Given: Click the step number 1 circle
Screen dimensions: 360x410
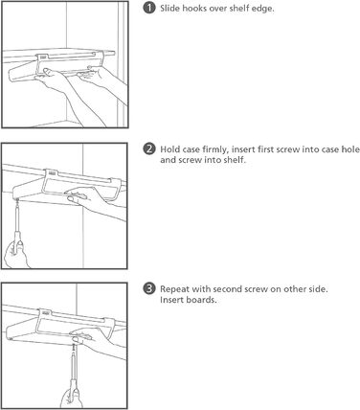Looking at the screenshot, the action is [x=148, y=8].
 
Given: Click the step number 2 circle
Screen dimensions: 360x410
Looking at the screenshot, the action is [x=148, y=149].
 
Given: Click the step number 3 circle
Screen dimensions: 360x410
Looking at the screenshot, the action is [x=148, y=288].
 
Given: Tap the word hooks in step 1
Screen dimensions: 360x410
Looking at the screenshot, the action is [x=193, y=9].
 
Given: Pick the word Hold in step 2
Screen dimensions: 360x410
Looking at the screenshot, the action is [x=169, y=149].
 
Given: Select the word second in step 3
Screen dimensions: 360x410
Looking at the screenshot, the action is [x=227, y=289].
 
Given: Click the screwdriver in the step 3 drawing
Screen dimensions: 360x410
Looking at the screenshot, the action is [x=74, y=371].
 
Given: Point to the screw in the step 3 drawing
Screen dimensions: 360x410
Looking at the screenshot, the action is [x=74, y=348].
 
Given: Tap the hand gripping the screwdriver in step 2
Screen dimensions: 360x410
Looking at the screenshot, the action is [x=16, y=255].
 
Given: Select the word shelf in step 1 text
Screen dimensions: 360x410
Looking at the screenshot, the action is [x=236, y=9].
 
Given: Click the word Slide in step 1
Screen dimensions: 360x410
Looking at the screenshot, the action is [x=170, y=9].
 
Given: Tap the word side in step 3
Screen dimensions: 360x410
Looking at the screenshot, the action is [x=318, y=289].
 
